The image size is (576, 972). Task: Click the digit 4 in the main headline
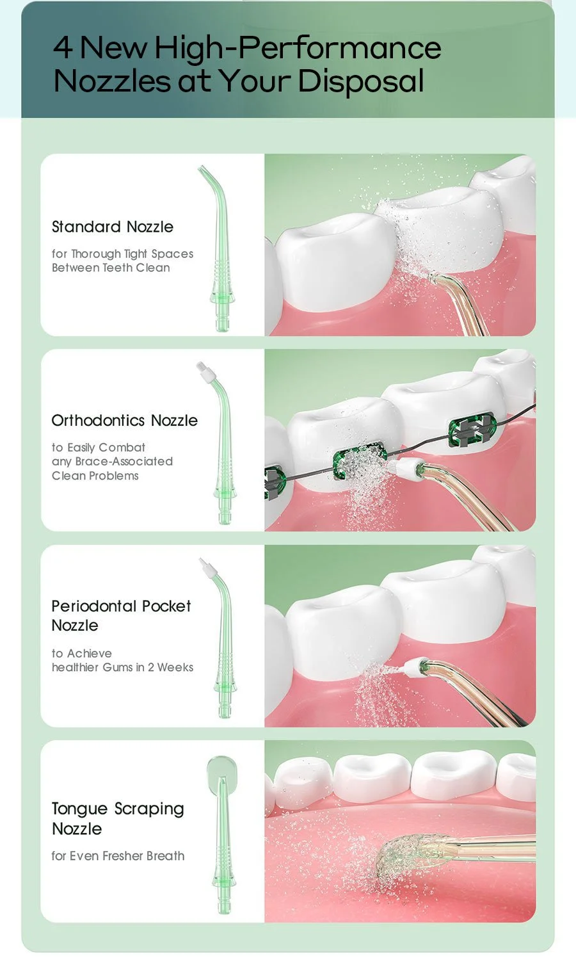click(x=63, y=47)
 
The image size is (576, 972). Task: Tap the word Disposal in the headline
click(x=361, y=81)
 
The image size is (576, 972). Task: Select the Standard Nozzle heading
click(x=113, y=227)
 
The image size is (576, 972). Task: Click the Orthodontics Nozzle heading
click(x=125, y=420)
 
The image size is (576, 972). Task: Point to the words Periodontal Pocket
click(x=121, y=606)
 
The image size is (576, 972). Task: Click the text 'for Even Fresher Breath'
click(x=118, y=855)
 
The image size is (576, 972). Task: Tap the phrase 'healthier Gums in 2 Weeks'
click(x=122, y=667)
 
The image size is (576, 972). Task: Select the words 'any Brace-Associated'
click(x=112, y=461)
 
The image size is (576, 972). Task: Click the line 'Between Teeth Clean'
click(x=111, y=267)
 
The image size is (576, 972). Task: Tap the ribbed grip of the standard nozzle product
click(x=221, y=273)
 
